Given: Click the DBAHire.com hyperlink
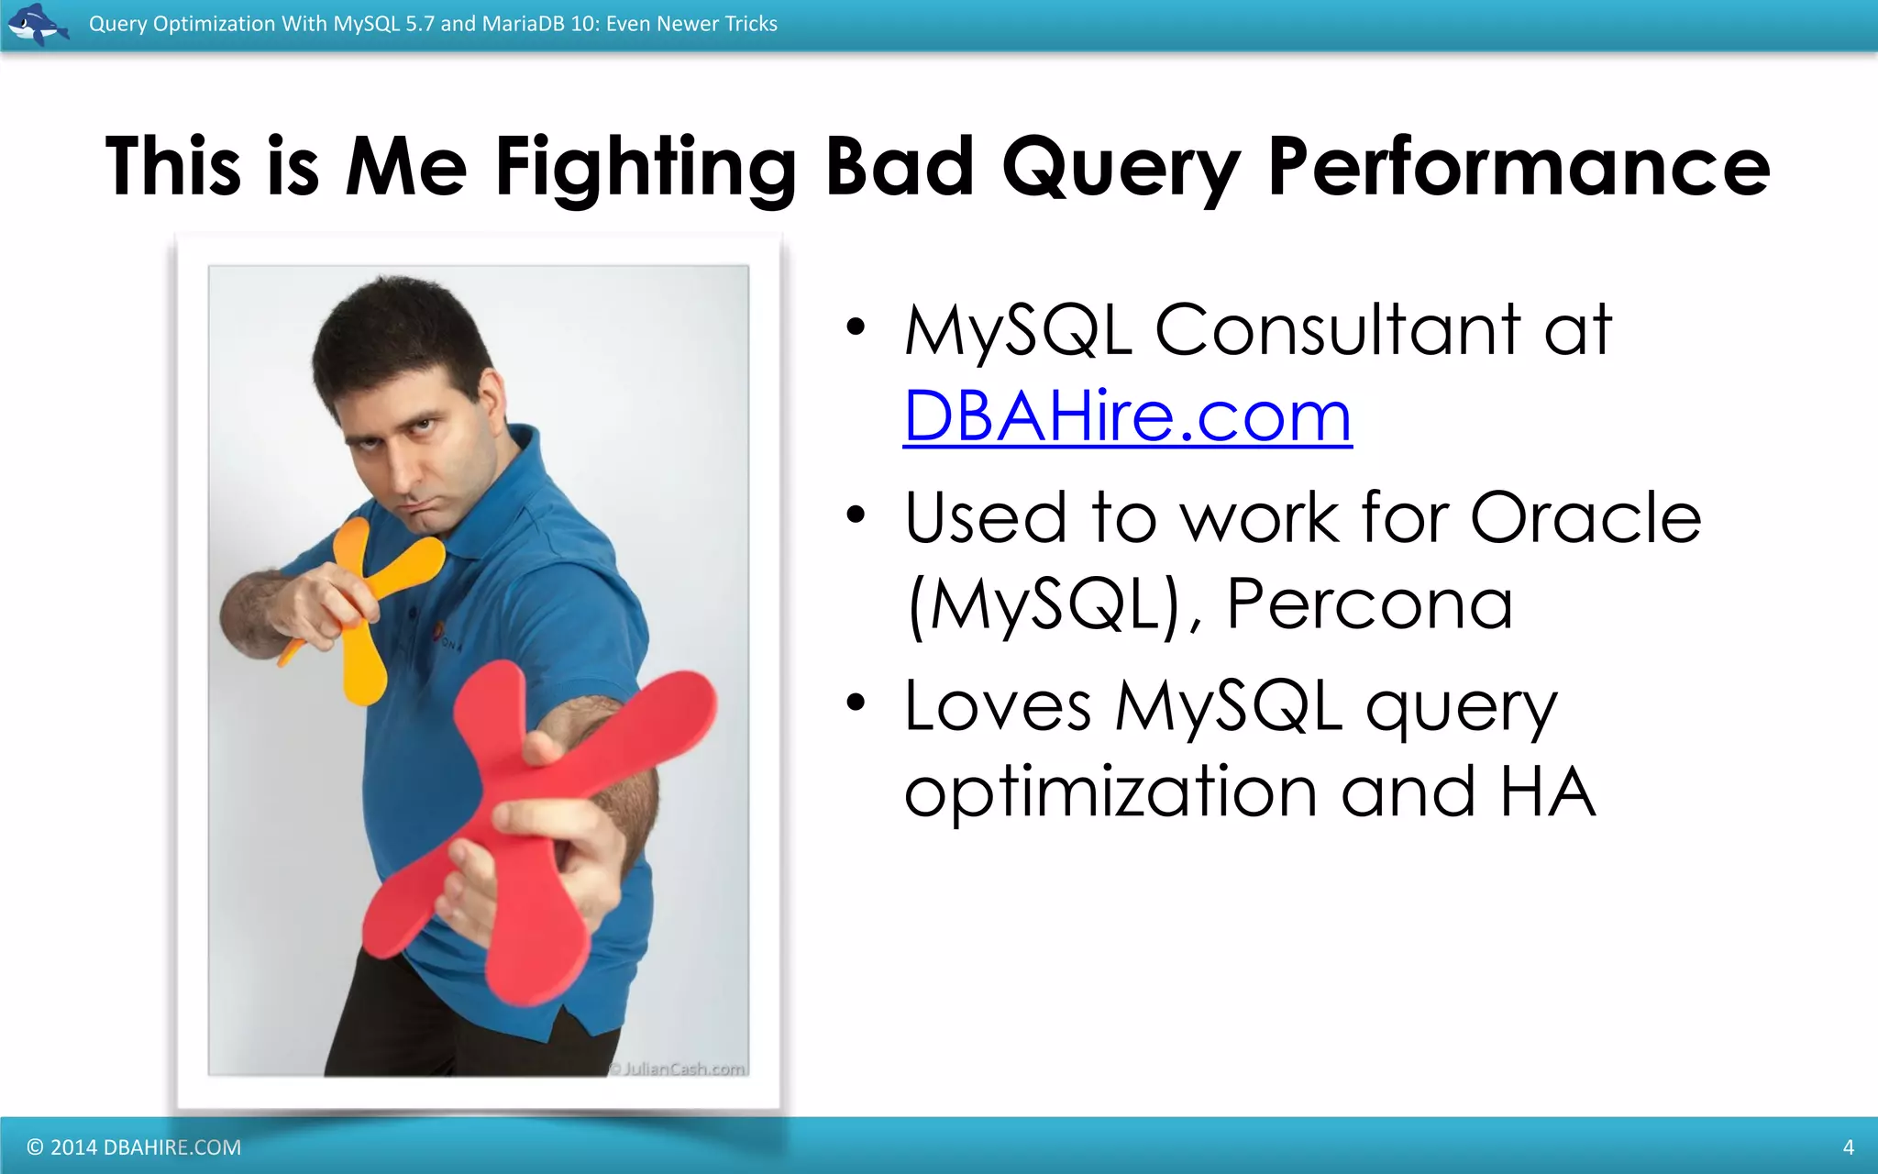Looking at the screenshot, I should click(1127, 416).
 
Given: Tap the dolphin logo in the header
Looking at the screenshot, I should click(37, 24).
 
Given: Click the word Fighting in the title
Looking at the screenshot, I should click(646, 167).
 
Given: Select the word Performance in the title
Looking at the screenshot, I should click(1519, 167).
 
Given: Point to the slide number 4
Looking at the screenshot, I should click(1848, 1146).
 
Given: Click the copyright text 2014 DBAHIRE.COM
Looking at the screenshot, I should click(135, 1146).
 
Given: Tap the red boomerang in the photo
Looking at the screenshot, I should click(541, 825).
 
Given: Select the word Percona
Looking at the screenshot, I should click(1369, 604).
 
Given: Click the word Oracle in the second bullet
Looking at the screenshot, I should click(1585, 517).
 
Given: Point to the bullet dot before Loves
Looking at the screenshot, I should click(856, 703).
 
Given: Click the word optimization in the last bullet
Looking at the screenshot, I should click(1110, 791).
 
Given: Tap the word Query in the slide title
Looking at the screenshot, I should click(1121, 167).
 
